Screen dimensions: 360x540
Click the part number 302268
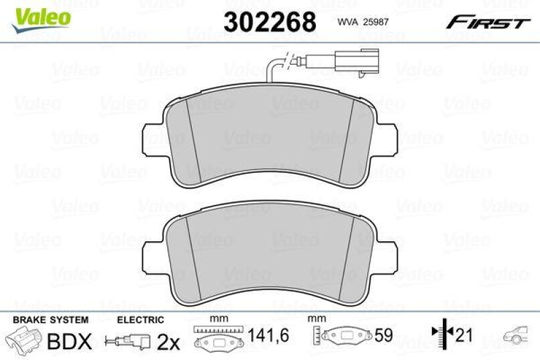pyautogui.click(x=269, y=22)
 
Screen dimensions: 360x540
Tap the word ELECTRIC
pyautogui.click(x=140, y=319)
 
